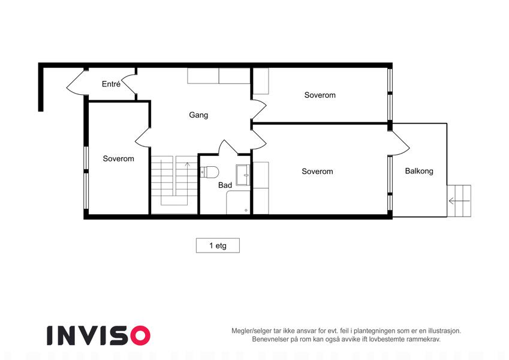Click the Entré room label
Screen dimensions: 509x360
point(111,84)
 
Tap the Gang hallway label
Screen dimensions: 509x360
point(198,115)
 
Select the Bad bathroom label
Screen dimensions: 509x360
point(225,185)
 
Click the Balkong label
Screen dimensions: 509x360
point(419,171)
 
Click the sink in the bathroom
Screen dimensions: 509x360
point(243,175)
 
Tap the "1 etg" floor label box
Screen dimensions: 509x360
point(218,245)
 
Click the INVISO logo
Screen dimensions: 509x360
point(99,335)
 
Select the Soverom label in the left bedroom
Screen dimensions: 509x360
point(119,158)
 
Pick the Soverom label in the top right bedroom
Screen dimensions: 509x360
point(320,95)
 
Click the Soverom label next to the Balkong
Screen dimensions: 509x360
point(317,171)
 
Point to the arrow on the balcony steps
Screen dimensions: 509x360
point(459,201)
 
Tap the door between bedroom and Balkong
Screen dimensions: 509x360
point(400,143)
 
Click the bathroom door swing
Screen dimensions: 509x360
point(228,147)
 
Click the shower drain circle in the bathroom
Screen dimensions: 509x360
point(246,210)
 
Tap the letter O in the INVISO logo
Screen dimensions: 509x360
point(140,335)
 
